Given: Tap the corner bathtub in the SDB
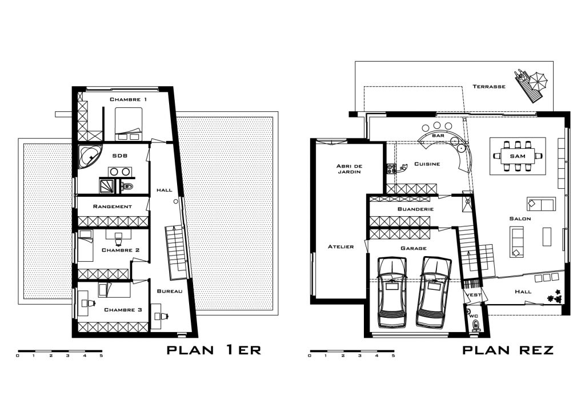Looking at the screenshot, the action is click(x=90, y=157).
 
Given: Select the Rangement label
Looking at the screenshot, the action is click(x=113, y=206).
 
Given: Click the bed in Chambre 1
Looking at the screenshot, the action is click(x=129, y=124).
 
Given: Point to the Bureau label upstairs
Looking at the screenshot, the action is click(x=170, y=291).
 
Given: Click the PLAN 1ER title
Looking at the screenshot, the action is click(x=214, y=350).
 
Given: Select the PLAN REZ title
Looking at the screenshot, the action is click(x=508, y=350).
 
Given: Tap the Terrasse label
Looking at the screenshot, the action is click(x=489, y=86).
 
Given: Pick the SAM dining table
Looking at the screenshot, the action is click(x=518, y=156).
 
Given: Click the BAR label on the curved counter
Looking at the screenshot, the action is click(x=438, y=136).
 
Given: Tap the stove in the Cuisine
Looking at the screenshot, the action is click(x=391, y=169).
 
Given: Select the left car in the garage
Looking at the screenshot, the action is click(x=391, y=292).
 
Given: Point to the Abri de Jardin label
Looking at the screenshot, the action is click(x=349, y=169).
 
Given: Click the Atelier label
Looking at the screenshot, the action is click(x=340, y=246).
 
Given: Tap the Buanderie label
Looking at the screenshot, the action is click(x=415, y=209).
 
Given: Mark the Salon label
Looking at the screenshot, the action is click(x=520, y=218).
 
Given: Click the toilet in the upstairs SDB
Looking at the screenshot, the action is click(x=129, y=186).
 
